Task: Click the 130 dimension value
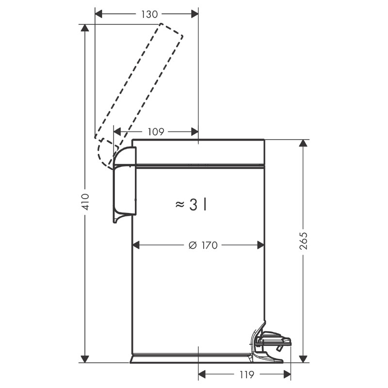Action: (x=149, y=15)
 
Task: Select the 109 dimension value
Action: (x=156, y=132)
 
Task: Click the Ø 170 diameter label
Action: (x=203, y=245)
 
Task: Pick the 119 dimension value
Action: (x=247, y=374)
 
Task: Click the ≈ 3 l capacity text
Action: (x=191, y=205)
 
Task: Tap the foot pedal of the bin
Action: (x=271, y=342)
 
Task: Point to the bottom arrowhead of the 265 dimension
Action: (x=303, y=359)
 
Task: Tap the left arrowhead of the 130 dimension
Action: (x=98, y=15)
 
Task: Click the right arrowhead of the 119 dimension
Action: (x=287, y=374)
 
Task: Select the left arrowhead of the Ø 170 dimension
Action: (x=136, y=245)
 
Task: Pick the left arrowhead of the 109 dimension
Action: (x=117, y=132)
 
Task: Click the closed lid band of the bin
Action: (x=198, y=152)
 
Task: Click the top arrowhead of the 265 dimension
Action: (x=303, y=143)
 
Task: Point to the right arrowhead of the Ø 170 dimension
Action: (x=261, y=245)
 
